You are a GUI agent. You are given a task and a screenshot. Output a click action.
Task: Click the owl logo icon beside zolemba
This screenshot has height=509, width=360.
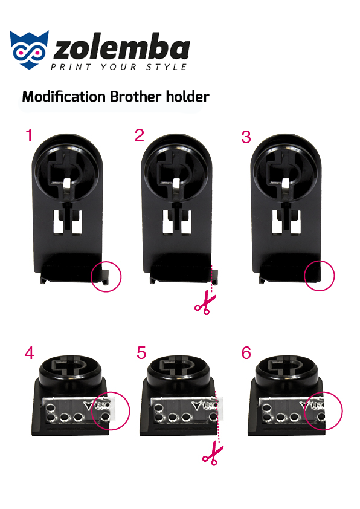click(29, 50)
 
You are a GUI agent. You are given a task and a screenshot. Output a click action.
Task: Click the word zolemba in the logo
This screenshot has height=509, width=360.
click(121, 48)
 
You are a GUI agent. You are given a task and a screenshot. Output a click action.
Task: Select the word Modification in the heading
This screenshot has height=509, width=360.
click(64, 96)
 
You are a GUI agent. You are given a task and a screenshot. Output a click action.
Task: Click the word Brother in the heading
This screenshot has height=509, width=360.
click(135, 96)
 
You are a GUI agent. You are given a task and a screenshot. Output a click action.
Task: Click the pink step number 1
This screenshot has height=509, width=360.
click(29, 135)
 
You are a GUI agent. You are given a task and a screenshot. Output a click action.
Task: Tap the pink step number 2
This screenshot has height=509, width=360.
click(139, 135)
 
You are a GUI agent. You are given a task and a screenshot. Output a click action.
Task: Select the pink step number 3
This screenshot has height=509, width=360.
click(246, 137)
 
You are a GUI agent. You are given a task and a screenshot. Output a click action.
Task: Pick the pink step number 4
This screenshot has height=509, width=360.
click(29, 353)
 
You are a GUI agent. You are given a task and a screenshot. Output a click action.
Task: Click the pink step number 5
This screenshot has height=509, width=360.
click(141, 353)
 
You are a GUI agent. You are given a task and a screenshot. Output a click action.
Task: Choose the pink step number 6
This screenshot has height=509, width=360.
click(246, 353)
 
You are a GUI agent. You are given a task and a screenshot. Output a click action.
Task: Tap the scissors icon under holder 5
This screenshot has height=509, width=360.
click(213, 454)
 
